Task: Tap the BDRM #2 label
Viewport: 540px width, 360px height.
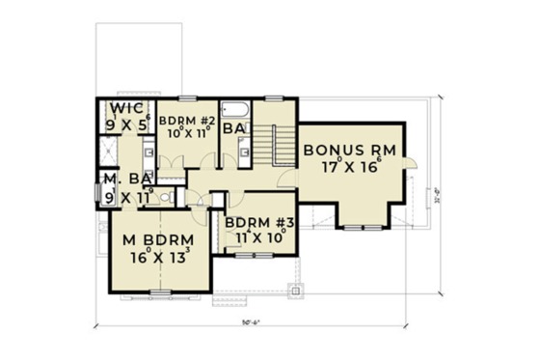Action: (x=182, y=121)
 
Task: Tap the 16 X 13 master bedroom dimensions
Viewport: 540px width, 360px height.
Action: (x=154, y=258)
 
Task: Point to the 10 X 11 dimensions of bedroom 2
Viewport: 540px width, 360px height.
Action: (x=182, y=136)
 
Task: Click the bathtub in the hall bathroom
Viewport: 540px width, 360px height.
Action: (x=235, y=107)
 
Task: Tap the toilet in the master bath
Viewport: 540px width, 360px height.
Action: (x=165, y=196)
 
